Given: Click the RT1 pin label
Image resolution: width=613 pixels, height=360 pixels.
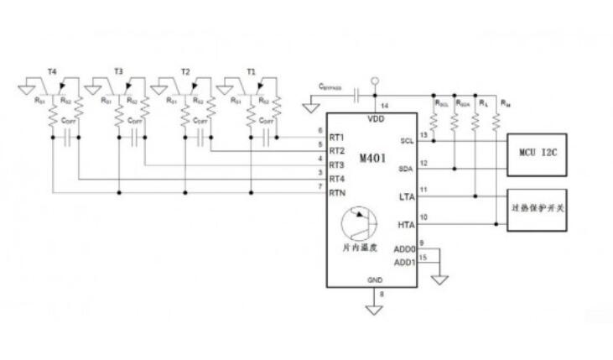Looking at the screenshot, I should coord(337,137).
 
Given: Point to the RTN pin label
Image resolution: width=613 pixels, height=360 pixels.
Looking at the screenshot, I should coord(337,194).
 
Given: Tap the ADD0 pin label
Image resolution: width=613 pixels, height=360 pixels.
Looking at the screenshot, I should coord(404,249).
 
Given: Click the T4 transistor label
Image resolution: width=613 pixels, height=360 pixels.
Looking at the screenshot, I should coord(52,73).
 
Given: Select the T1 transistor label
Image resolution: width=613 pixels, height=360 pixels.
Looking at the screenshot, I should coord(251,73).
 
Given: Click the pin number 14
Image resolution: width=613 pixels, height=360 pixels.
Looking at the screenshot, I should coord(384,107).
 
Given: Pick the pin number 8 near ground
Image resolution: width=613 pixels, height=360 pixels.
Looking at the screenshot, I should coord(382,294).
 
